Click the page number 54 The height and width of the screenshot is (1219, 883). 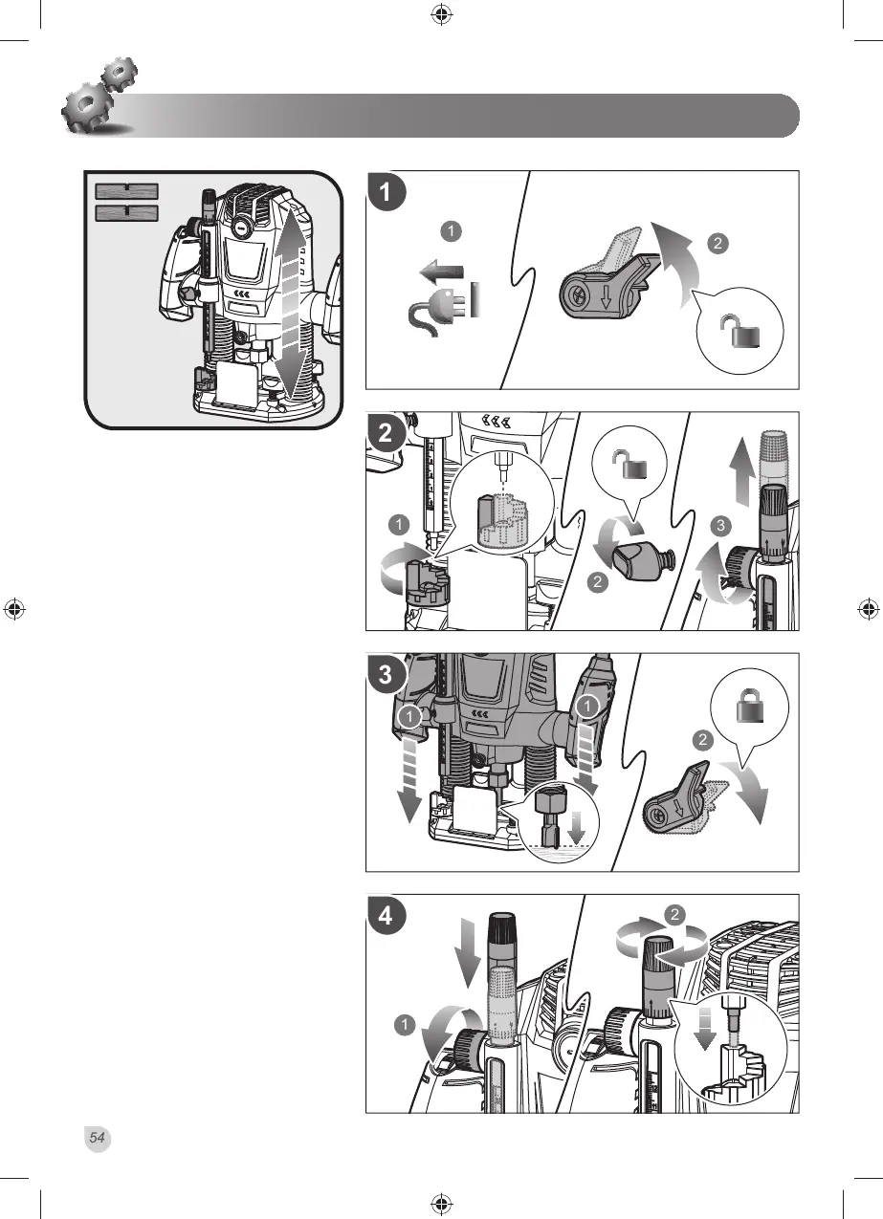coord(98,1138)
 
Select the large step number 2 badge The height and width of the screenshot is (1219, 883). coord(385,433)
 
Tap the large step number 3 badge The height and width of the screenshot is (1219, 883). coord(386,674)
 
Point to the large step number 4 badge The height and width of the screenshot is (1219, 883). coord(386,915)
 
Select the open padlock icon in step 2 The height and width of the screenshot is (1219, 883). coord(630,467)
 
